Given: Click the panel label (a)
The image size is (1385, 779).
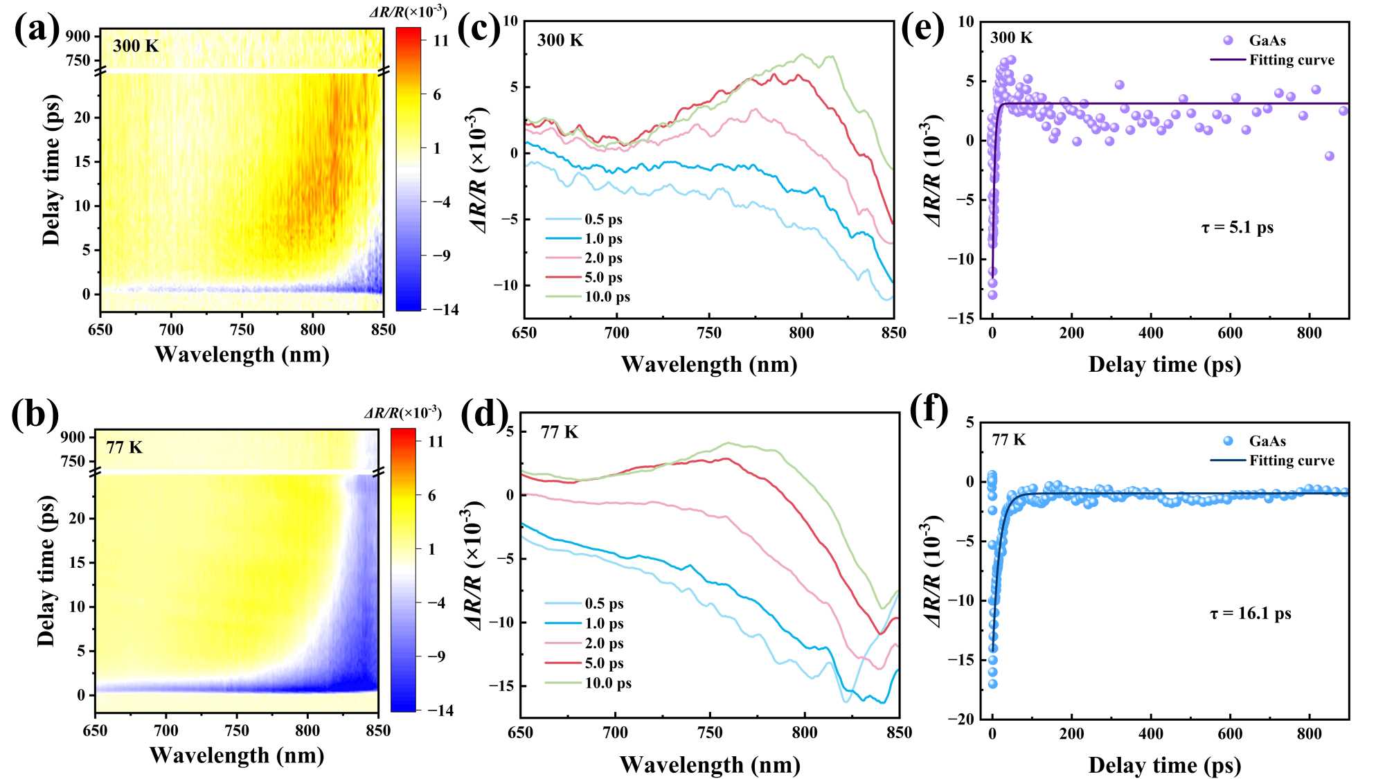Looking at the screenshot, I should pos(36,30).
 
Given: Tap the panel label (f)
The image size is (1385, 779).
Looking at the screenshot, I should pos(929,409).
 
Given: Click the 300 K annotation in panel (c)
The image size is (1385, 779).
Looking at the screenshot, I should pos(560,40).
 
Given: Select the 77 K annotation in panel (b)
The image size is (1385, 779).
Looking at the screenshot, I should pos(124,447).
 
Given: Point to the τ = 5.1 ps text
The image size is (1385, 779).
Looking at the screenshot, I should pos(1237,227).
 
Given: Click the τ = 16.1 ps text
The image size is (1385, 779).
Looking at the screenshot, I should pos(1250,614).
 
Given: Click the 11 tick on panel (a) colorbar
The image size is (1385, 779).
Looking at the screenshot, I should pos(441,41).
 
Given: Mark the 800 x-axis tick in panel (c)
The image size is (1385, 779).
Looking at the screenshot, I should pos(801,333).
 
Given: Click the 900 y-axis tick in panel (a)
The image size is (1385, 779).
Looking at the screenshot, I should pos(78,36).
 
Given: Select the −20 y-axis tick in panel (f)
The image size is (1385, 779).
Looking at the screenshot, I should pos(960,719).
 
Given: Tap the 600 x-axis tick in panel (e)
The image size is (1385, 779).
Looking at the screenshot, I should pos(1230,333).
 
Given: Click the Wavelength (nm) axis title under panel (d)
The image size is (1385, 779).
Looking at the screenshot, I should pos(710,764).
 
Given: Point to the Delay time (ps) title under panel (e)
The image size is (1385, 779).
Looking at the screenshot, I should pos(1164,365).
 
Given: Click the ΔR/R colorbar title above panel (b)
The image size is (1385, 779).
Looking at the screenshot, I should pos(403,413).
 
